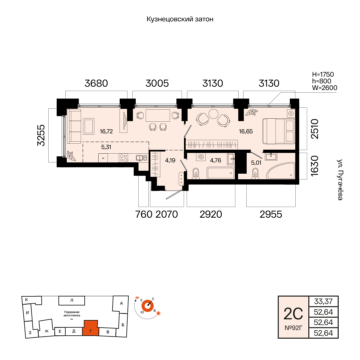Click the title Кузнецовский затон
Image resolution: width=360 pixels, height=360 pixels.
point(180,19)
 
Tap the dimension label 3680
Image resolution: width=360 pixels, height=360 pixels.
point(96,83)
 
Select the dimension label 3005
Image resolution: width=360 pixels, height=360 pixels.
point(157,83)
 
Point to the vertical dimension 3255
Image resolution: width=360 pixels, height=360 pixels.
point(41,135)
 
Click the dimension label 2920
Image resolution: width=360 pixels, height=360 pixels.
point(211,214)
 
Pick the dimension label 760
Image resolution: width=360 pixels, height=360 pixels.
point(144,214)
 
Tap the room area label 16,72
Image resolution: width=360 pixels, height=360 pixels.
point(106,131)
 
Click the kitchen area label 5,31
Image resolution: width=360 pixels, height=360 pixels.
point(106,147)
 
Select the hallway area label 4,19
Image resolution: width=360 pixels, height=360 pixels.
point(170,160)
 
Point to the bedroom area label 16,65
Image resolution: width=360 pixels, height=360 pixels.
point(246,131)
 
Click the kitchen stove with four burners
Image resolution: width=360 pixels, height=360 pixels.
point(124,158)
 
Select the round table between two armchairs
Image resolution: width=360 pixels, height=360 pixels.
point(214,114)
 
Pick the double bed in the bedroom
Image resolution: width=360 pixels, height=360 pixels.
point(279,131)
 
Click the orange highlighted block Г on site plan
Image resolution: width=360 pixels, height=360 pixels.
point(91,328)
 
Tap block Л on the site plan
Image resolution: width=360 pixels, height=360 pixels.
point(72,300)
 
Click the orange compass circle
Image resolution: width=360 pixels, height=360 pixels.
point(147,306)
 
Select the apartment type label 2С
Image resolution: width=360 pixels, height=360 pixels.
point(293,314)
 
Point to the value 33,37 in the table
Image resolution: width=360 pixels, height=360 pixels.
point(323,301)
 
